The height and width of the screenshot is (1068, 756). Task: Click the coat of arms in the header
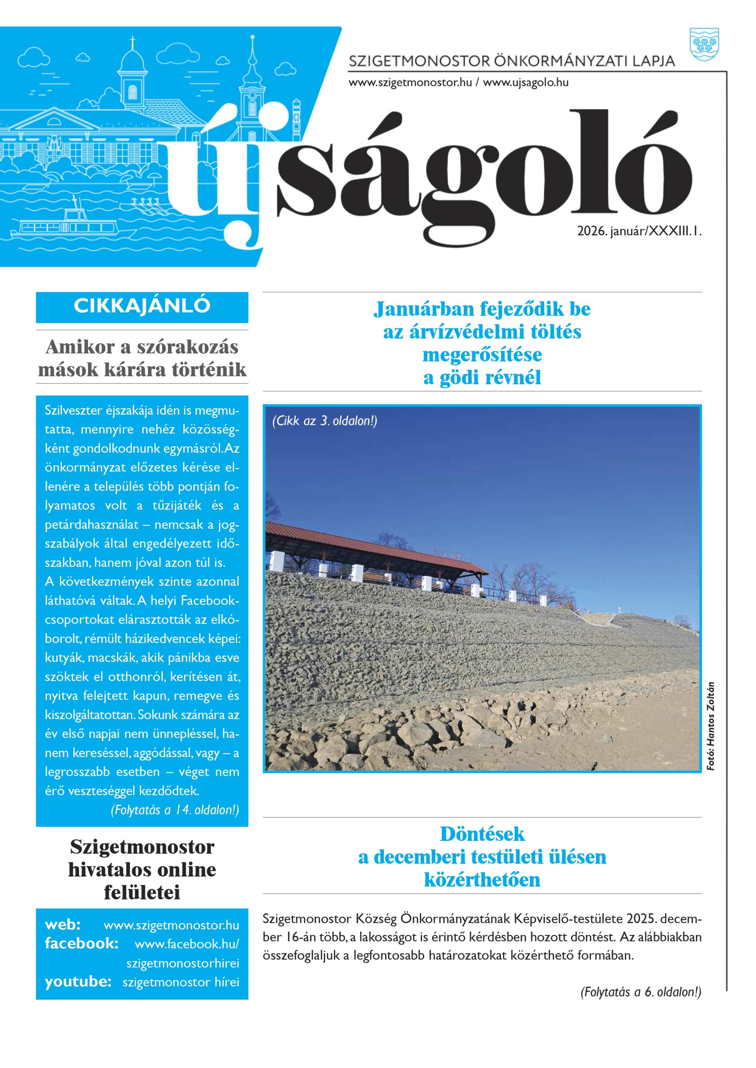point(704,44)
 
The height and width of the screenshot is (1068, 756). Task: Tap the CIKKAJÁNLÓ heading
point(142,306)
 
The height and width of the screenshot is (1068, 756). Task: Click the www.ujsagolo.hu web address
point(526,83)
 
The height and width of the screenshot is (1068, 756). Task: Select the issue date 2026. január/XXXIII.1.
point(639,231)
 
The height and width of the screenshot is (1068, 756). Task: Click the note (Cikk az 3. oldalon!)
point(324,421)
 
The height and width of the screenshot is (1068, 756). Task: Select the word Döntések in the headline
point(482,834)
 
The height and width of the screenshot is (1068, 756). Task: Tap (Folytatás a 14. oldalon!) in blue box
point(174,810)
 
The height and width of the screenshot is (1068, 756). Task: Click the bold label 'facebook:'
point(81,943)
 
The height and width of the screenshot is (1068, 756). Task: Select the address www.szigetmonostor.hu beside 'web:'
point(171,925)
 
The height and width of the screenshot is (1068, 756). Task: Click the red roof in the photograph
point(372,544)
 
